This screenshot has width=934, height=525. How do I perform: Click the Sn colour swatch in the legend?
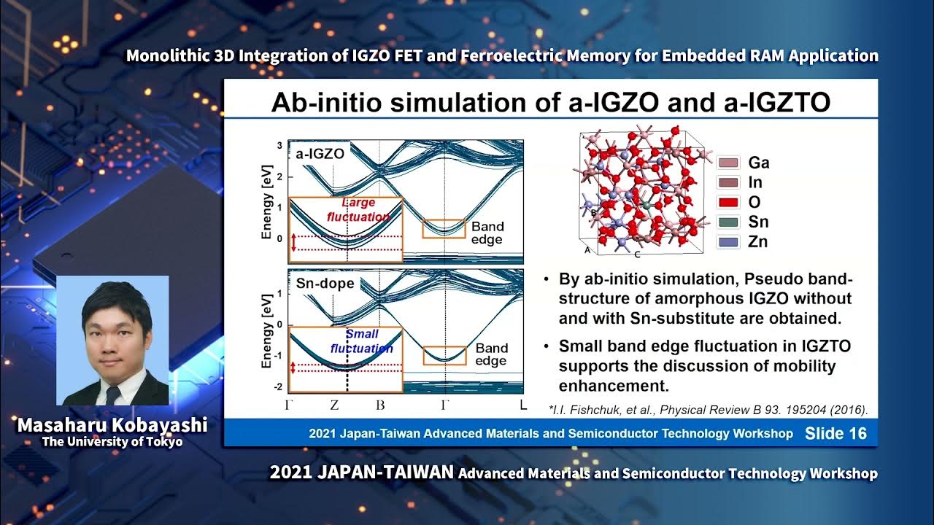point(729,222)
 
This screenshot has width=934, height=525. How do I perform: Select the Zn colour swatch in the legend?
point(729,241)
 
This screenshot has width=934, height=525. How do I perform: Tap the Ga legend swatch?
point(729,162)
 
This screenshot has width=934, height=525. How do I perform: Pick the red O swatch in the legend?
point(729,202)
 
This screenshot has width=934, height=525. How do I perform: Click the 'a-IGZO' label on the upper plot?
point(320,154)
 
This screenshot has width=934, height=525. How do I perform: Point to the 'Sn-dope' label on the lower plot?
point(325,283)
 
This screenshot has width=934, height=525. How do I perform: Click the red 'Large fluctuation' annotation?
point(358,210)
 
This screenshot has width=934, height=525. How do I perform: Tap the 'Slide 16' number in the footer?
point(835,434)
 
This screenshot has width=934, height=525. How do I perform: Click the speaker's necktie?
point(112,394)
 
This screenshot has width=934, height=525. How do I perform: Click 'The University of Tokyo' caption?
point(112,442)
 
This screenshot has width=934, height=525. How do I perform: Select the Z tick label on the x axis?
point(333,405)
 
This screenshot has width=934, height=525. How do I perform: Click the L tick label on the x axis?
point(522,405)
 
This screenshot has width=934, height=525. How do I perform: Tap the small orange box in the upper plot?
point(444,229)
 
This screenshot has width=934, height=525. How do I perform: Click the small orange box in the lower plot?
point(444,355)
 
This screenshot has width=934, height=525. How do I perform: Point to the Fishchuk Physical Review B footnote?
point(708,410)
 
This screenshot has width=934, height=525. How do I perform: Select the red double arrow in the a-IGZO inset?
point(294,243)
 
